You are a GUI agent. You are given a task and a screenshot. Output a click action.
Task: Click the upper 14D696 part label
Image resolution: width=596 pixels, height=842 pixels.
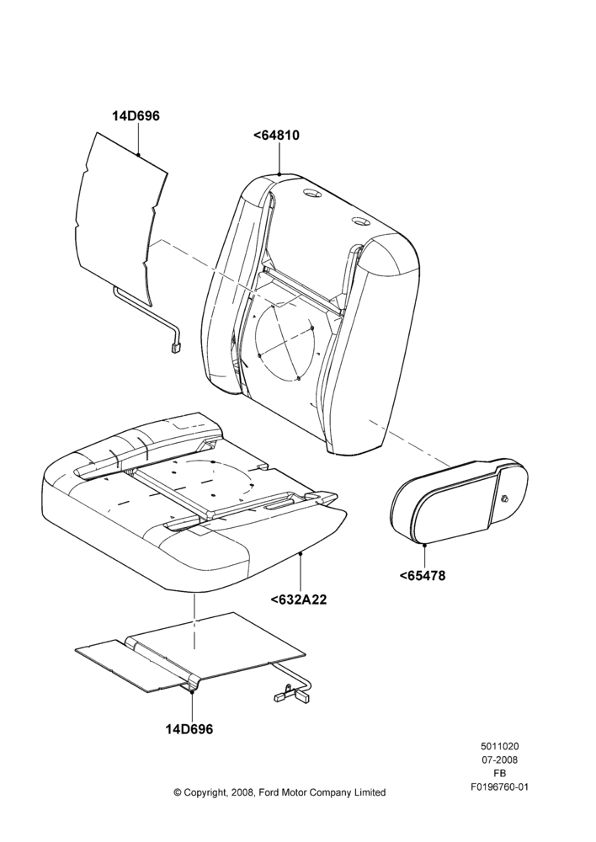click(136, 116)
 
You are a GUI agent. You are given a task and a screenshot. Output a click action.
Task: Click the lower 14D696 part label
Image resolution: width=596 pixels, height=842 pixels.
click(189, 729)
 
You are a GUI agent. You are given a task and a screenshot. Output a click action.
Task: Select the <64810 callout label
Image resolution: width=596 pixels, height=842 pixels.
click(276, 136)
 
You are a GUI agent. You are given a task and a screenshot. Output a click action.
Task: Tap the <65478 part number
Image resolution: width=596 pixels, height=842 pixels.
click(423, 576)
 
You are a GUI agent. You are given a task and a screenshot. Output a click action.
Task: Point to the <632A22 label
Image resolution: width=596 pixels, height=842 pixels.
click(299, 600)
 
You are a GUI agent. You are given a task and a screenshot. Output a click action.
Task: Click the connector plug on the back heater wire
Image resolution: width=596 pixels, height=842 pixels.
click(177, 349)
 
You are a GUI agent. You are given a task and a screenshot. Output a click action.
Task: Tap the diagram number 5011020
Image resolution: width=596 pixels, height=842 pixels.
click(499, 746)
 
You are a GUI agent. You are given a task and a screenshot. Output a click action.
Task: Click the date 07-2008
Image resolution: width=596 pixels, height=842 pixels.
click(499, 759)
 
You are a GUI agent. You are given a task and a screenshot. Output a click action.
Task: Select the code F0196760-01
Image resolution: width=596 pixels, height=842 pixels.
click(499, 787)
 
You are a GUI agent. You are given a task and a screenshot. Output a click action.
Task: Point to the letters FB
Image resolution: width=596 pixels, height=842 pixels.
click(499, 774)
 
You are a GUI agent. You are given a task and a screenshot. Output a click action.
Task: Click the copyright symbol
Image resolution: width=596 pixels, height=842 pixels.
click(178, 792)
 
